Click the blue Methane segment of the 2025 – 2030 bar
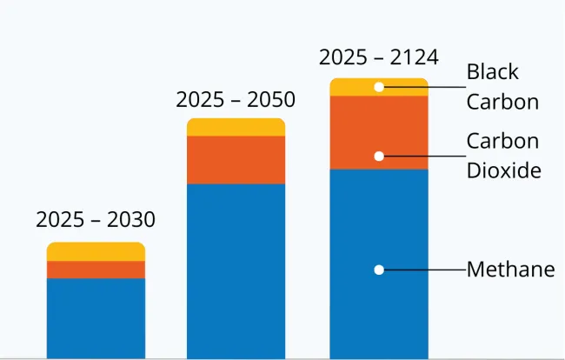click(x=96, y=317)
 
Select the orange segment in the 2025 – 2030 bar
click(x=96, y=270)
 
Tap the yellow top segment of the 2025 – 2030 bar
click(x=96, y=251)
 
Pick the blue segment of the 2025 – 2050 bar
click(x=236, y=270)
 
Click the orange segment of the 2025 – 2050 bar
click(x=236, y=160)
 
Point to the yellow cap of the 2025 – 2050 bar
click(x=236, y=127)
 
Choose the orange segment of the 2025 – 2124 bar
click(x=356, y=132)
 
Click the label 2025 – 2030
click(x=96, y=220)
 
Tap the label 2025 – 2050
click(x=236, y=100)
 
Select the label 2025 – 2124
click(x=379, y=58)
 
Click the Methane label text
click(x=510, y=270)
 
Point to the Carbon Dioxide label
click(x=503, y=156)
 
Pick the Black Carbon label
click(x=502, y=86)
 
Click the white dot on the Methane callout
click(x=379, y=270)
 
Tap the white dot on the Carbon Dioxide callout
click(x=379, y=157)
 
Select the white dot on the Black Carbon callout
click(x=379, y=87)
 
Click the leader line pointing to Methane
click(x=426, y=270)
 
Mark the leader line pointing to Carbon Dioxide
click(x=426, y=157)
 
